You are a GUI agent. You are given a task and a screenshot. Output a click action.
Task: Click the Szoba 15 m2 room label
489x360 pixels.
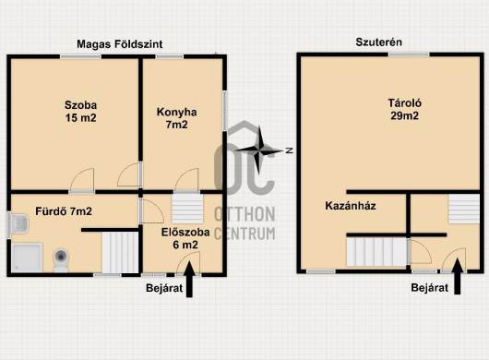81,112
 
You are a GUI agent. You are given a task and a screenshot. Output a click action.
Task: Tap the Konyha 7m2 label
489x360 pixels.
176,118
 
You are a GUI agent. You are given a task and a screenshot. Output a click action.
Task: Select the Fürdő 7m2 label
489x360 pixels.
64,211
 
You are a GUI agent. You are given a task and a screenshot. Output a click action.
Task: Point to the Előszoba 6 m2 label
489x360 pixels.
185,238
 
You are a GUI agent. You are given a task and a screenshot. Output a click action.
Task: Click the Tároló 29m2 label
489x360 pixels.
404,109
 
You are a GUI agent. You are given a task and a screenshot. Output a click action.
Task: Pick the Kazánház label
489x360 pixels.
351,206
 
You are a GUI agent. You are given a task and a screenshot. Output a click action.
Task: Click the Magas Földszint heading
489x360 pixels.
120,44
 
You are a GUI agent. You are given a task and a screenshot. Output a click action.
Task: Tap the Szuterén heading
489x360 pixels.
378,42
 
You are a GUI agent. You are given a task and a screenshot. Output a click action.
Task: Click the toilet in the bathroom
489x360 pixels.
61,260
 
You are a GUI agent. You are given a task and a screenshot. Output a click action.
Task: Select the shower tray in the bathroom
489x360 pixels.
27,258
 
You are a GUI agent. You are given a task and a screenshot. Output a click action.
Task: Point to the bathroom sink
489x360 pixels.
18,223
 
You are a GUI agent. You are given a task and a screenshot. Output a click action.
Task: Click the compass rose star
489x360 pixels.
259,150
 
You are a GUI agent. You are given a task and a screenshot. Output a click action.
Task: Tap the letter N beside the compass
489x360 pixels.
290,150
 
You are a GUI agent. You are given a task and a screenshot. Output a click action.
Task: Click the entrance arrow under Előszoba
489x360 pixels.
189,279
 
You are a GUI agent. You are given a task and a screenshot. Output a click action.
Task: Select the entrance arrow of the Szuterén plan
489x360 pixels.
458,276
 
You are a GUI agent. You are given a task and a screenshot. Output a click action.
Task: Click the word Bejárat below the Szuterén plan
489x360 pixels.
429,288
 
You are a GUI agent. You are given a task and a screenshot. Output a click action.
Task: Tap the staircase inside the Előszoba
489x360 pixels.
187,209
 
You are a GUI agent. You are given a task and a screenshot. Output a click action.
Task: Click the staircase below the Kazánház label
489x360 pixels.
376,252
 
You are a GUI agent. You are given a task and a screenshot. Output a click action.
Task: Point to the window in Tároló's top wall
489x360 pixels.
409,54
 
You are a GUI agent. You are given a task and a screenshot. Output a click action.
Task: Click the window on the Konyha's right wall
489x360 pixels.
224,111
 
